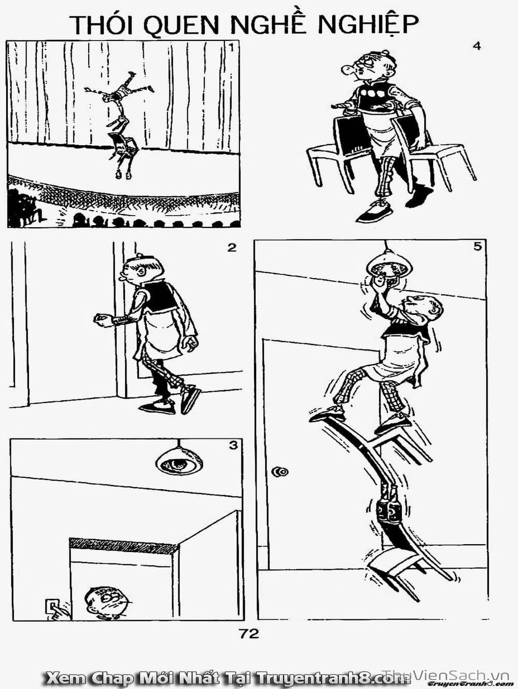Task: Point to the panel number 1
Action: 231,48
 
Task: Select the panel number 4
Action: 477,46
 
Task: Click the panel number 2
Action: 232,248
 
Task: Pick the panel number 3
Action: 233,445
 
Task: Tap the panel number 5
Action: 477,247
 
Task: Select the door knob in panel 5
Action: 280,472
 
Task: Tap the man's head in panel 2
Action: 143,267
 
